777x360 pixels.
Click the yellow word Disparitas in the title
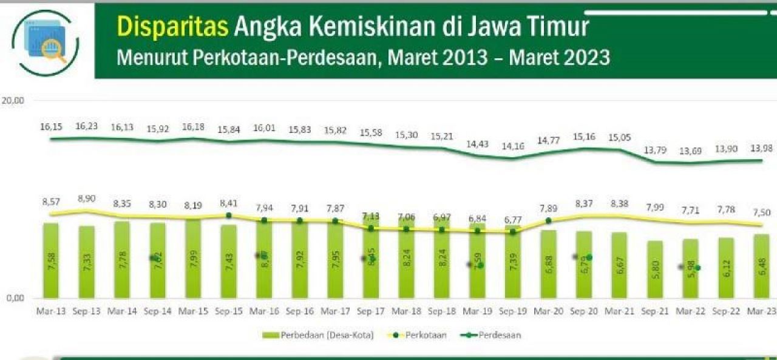(x=172, y=27)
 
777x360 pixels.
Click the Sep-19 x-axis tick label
(x=511, y=311)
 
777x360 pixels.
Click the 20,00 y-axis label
(x=12, y=101)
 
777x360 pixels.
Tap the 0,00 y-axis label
(x=14, y=297)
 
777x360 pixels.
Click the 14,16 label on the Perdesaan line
(x=511, y=146)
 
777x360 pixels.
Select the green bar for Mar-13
(x=51, y=261)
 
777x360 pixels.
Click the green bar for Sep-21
(x=655, y=270)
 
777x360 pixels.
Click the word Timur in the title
(x=559, y=27)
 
